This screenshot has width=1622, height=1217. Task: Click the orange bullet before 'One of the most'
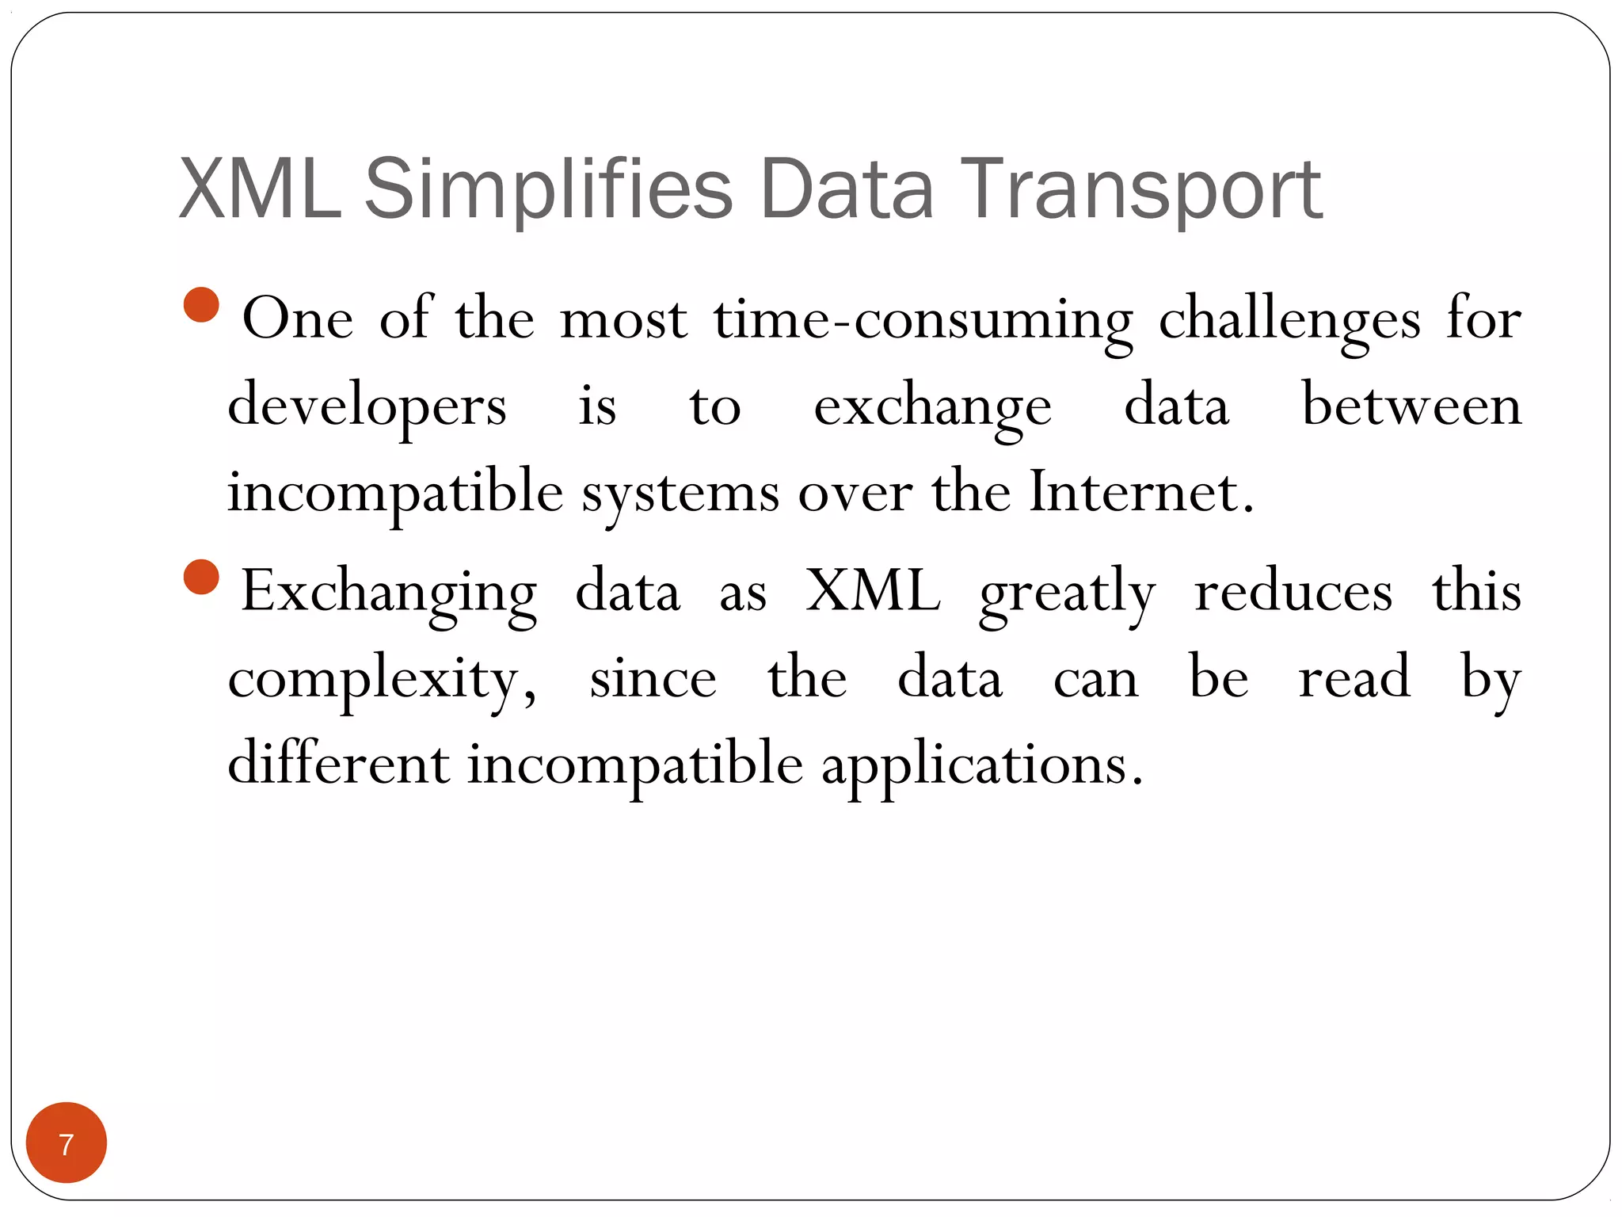(201, 305)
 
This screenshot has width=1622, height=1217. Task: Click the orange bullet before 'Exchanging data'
(201, 577)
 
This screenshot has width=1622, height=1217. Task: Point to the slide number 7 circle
(67, 1143)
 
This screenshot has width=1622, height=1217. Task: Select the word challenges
(1289, 320)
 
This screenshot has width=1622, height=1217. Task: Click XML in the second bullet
(874, 591)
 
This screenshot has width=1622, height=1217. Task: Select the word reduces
(1293, 591)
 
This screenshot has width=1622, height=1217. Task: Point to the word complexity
(383, 680)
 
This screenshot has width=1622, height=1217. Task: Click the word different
(338, 764)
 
